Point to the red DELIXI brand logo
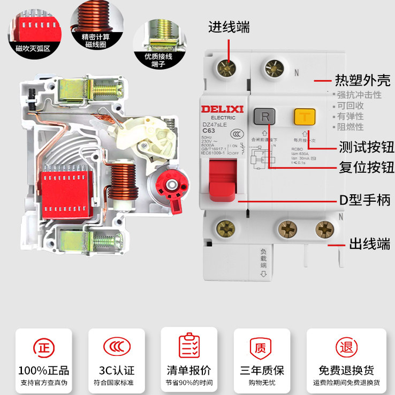pos(223,109)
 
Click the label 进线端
pos(229,27)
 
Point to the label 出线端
pos(370,244)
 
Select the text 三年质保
pos(262,370)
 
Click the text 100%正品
pos(43,370)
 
